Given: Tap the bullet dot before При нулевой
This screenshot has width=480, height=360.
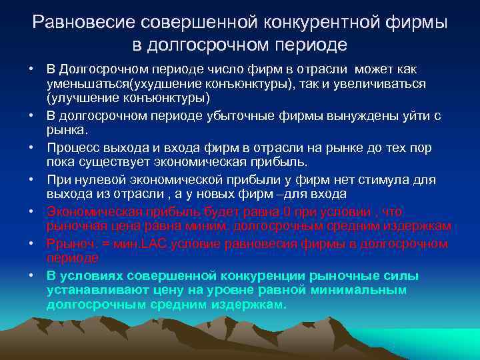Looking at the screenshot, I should pos(31,181).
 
